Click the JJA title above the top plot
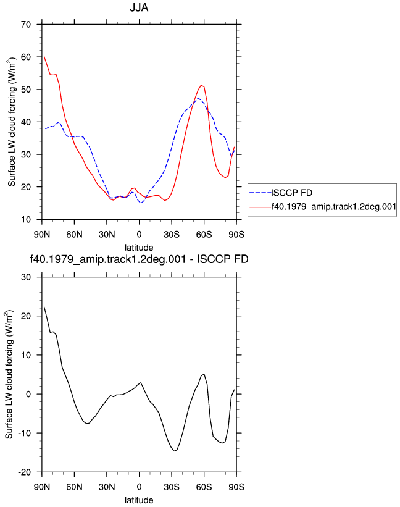click(139, 7)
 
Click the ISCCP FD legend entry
click(291, 193)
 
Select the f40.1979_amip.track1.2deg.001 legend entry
click(334, 207)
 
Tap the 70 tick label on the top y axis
click(26, 24)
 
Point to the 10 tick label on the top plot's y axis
click(26, 220)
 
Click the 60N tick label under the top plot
click(74, 234)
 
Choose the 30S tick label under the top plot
click(172, 234)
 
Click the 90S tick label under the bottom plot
click(236, 487)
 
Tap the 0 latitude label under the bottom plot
click(140, 487)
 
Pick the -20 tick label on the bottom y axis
click(24, 472)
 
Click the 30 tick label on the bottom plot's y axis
click(26, 277)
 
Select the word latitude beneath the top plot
click(139, 248)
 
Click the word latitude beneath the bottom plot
click(139, 500)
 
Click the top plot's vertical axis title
click(12, 122)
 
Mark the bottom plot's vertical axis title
click(9, 374)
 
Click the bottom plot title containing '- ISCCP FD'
click(139, 259)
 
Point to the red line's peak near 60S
click(201, 85)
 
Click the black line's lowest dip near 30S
click(174, 451)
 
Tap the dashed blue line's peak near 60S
click(198, 98)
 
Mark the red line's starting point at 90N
click(44, 57)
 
